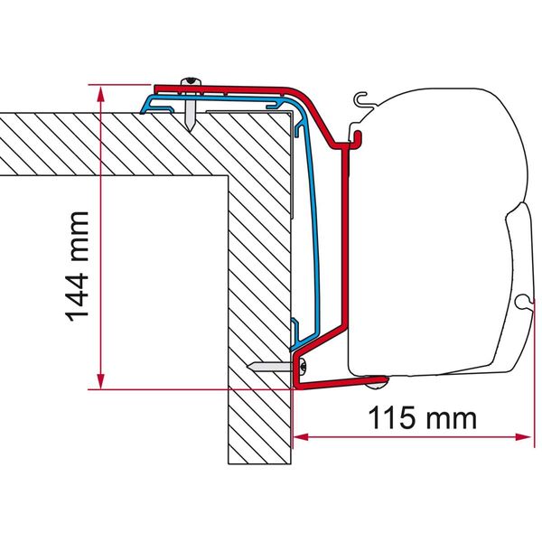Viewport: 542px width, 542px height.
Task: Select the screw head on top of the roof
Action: point(192,84)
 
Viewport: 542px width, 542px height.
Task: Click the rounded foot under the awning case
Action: point(374,385)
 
